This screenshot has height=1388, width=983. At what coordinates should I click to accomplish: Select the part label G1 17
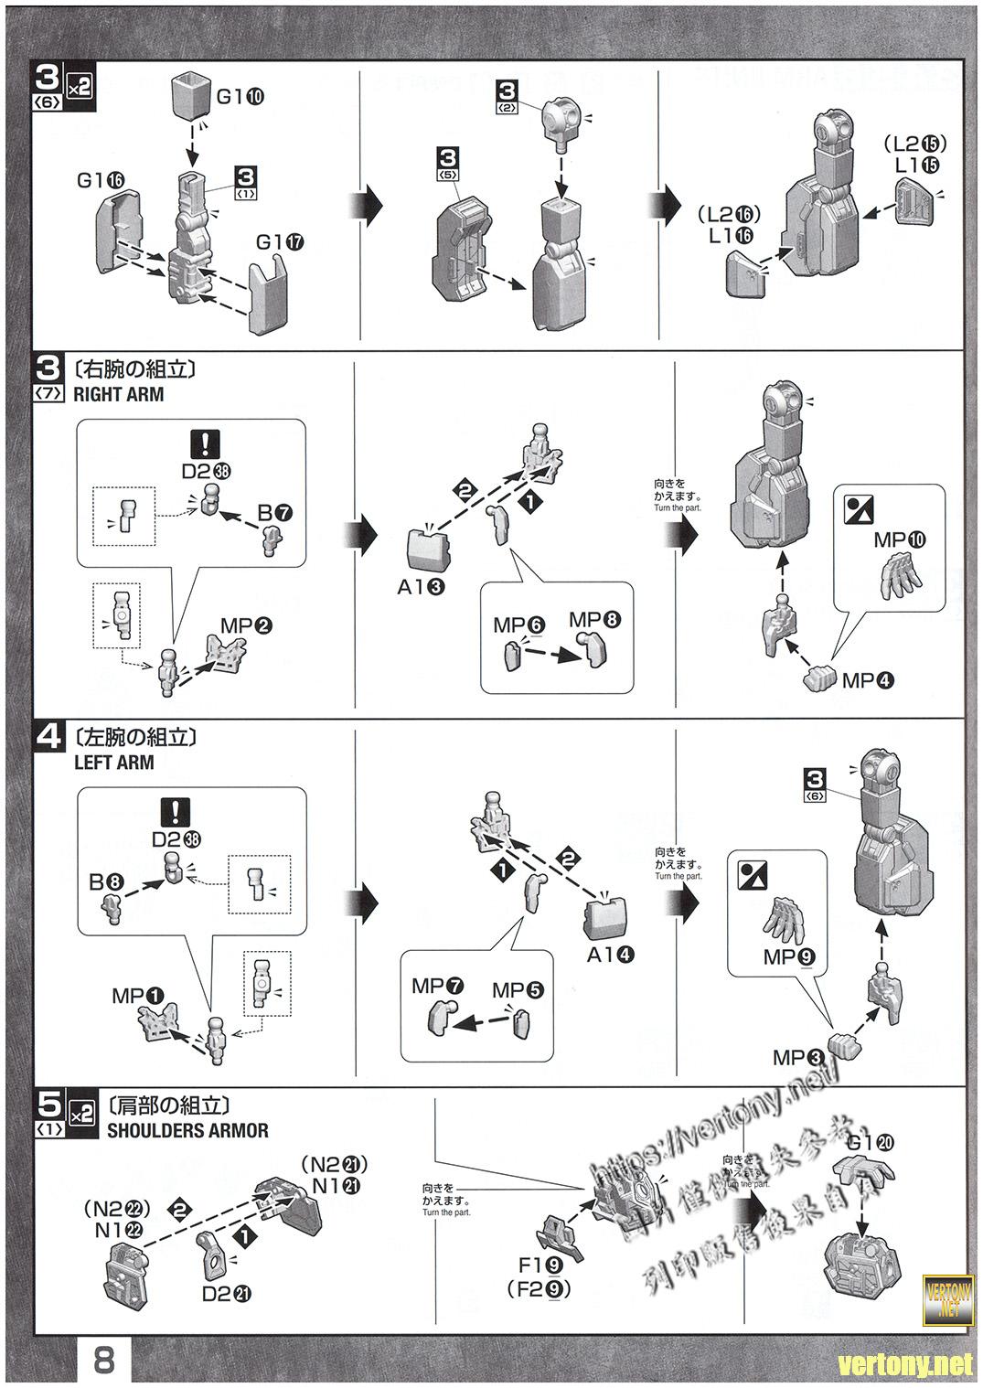pyautogui.click(x=281, y=243)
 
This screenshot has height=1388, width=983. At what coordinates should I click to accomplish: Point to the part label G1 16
pyautogui.click(x=101, y=180)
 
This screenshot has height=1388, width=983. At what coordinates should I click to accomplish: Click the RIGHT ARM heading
pyautogui.click(x=119, y=394)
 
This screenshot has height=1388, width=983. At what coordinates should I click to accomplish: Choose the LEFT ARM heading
pyautogui.click(x=113, y=762)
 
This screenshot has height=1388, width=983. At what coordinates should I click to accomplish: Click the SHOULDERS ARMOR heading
pyautogui.click(x=187, y=1130)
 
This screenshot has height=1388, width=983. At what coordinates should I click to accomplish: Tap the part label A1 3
pyautogui.click(x=422, y=587)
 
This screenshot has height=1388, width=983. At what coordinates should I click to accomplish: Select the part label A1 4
pyautogui.click(x=612, y=955)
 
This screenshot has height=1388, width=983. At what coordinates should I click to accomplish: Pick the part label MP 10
pyautogui.click(x=900, y=539)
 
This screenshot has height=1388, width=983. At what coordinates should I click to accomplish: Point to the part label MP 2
pyautogui.click(x=246, y=626)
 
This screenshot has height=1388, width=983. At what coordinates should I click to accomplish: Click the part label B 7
pyautogui.click(x=275, y=513)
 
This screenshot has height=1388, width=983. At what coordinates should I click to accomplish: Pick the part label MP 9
pyautogui.click(x=790, y=957)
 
